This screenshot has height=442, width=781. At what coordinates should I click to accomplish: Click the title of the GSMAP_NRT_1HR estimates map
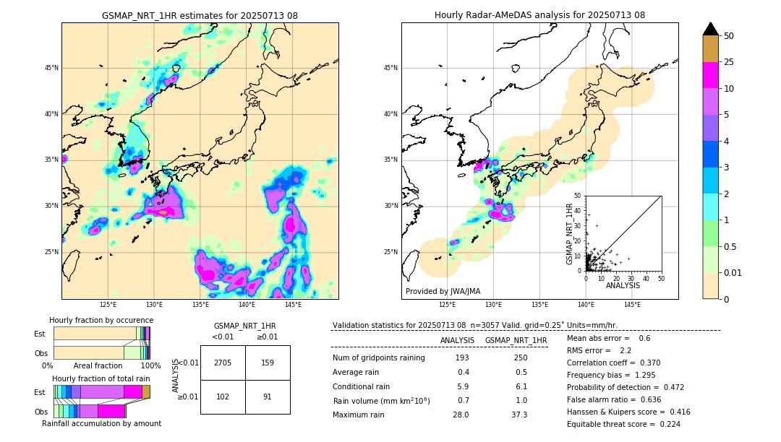[200, 15]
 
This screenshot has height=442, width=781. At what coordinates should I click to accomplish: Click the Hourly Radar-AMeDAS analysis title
[539, 15]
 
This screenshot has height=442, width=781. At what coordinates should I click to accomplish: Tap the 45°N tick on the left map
[51, 68]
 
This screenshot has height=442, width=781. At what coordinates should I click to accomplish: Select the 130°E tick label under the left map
[154, 305]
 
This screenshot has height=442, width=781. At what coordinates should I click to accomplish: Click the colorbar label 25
[729, 62]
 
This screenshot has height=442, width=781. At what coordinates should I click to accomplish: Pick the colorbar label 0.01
[731, 272]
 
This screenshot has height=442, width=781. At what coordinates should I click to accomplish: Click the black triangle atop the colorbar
[711, 29]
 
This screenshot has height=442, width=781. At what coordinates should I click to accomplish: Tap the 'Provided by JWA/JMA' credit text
[443, 291]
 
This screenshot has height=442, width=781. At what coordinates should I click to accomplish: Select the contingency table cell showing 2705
[223, 363]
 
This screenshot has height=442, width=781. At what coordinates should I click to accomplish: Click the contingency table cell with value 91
[268, 396]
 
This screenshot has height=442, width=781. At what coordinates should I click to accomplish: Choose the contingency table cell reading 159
[268, 363]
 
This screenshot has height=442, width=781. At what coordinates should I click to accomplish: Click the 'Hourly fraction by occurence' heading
[101, 320]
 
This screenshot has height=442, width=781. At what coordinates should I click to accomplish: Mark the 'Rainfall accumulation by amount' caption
[101, 423]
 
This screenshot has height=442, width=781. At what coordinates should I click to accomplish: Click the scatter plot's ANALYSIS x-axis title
[623, 285]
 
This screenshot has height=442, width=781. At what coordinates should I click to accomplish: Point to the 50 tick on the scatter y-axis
[578, 196]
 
